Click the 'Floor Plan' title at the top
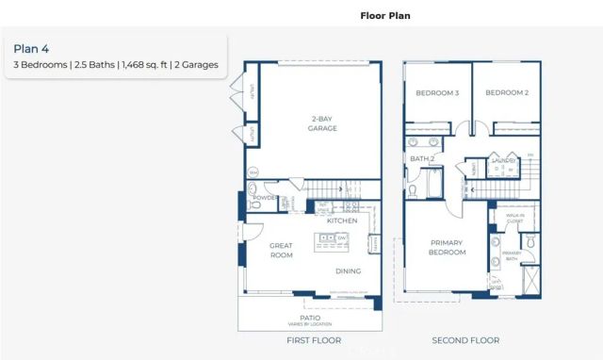coord(385,16)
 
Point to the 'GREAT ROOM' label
coord(281,251)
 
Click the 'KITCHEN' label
coord(341,221)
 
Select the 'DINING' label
coord(349,271)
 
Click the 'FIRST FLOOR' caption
coord(314,340)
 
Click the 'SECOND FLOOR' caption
coord(466,340)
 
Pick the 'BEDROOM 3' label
coord(436,92)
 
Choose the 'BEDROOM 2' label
coord(506,92)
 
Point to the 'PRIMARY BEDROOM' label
coord(448,247)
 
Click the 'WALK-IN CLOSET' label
coord(514,219)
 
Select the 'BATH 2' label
coord(421,158)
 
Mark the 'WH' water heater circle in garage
coord(253,172)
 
